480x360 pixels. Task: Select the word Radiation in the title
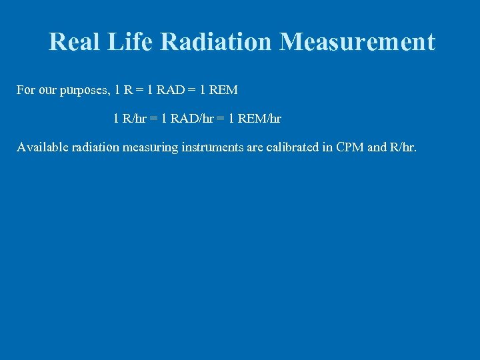pyautogui.click(x=217, y=42)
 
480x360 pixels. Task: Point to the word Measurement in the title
pyautogui.click(x=357, y=42)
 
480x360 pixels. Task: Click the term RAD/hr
pyautogui.click(x=192, y=119)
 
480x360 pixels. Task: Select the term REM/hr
pyautogui.click(x=259, y=119)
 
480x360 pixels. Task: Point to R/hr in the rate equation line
pyautogui.click(x=133, y=119)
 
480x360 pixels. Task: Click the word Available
pyautogui.click(x=41, y=147)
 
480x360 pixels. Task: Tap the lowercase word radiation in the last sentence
pyautogui.click(x=93, y=147)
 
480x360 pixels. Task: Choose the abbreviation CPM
pyautogui.click(x=349, y=147)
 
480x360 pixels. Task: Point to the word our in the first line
pyautogui.click(x=48, y=90)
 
